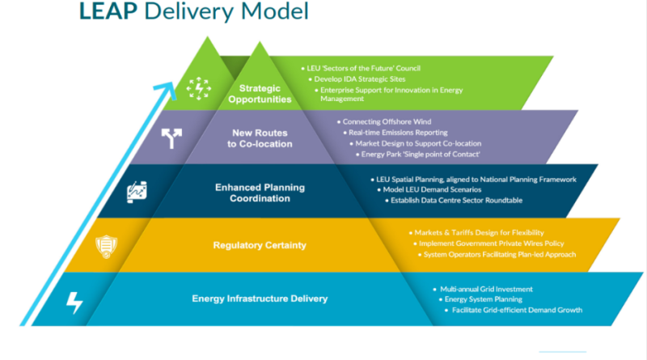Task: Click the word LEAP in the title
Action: click(x=108, y=12)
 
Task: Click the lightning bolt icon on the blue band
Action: click(x=74, y=302)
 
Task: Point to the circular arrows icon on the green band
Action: click(x=198, y=88)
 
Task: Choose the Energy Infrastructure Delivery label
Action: click(x=260, y=299)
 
